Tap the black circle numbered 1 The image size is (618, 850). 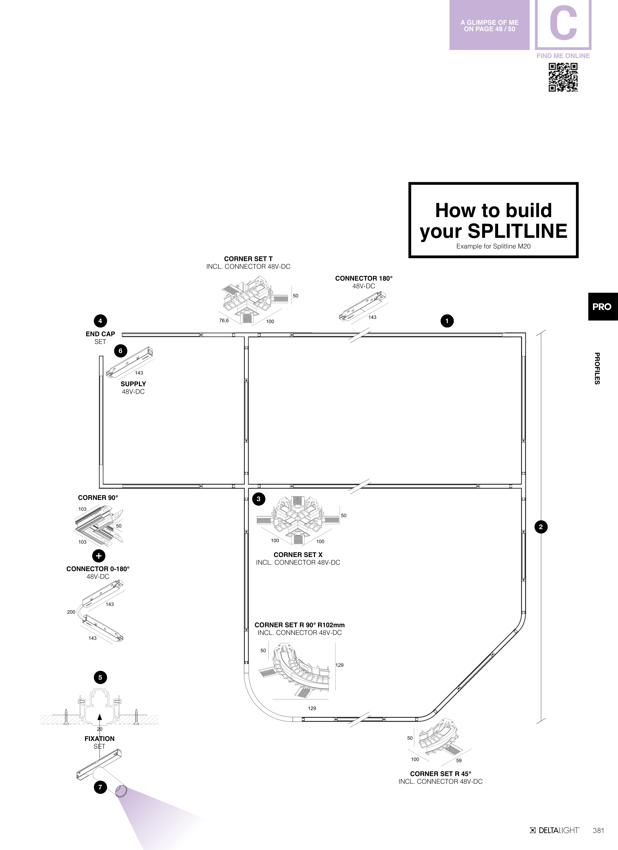(447, 321)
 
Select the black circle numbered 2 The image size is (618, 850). (540, 527)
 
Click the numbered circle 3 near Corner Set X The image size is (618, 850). (259, 499)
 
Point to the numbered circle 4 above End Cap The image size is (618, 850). (100, 321)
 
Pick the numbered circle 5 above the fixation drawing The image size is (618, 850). (100, 677)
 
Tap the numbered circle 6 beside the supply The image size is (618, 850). (120, 351)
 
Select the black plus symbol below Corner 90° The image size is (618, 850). (99, 556)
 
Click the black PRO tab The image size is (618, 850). (602, 307)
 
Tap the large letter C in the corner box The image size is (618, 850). (563, 25)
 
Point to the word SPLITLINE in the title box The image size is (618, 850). (518, 231)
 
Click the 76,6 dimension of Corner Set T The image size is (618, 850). (224, 320)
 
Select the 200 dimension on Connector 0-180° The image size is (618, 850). (71, 612)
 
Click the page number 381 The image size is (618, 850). (598, 830)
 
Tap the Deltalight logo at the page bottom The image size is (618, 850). (555, 830)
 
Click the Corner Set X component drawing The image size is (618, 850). (296, 521)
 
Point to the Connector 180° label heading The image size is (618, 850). (364, 278)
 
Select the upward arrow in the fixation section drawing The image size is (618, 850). (99, 717)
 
